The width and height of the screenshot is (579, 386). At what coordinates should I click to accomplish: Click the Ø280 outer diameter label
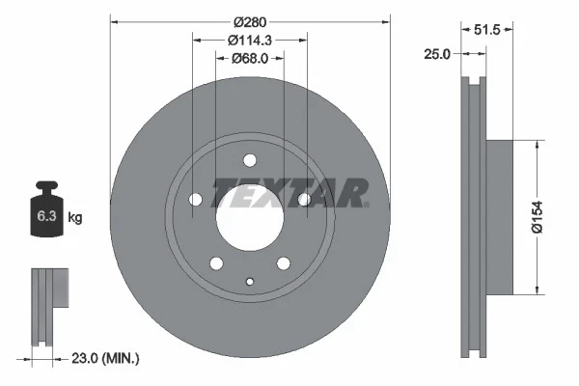pyautogui.click(x=250, y=20)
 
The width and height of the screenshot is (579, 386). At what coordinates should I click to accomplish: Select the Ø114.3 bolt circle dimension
pyautogui.click(x=250, y=40)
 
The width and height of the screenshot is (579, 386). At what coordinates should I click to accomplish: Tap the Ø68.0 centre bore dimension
pyautogui.click(x=250, y=58)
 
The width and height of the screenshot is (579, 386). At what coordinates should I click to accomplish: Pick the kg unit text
pyautogui.click(x=74, y=218)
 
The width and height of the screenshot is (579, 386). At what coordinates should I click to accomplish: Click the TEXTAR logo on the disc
pyautogui.click(x=289, y=193)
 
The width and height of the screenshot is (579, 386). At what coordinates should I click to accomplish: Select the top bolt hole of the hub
pyautogui.click(x=249, y=160)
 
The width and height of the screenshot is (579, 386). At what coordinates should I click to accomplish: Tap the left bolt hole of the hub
pyautogui.click(x=194, y=200)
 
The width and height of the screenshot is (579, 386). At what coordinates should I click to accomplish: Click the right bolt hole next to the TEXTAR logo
pyautogui.click(x=305, y=200)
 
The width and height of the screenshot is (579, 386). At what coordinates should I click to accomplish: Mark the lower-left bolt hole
pyautogui.click(x=215, y=263)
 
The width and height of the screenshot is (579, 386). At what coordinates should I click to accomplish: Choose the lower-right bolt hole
pyautogui.click(x=284, y=263)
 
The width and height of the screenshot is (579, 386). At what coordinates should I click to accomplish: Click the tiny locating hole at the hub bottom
pyautogui.click(x=249, y=282)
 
